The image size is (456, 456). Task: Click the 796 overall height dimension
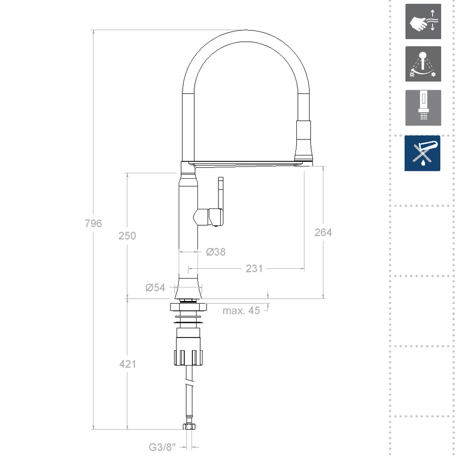pyautogui.click(x=93, y=223)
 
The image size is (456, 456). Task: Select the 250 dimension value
pyautogui.click(x=127, y=236)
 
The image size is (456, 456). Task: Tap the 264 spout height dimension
pyautogui.click(x=323, y=232)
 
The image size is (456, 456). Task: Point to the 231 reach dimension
pyautogui.click(x=254, y=269)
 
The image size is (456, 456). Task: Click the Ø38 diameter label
pyautogui.click(x=215, y=252)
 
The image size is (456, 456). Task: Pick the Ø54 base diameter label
pyautogui.click(x=155, y=287)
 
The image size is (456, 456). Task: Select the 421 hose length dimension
pyautogui.click(x=127, y=364)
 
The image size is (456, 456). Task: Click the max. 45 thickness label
pyautogui.click(x=241, y=311)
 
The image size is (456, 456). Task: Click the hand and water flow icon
pyautogui.click(x=423, y=21)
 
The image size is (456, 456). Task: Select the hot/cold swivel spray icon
pyautogui.click(x=423, y=64)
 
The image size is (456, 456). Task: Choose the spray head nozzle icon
pyautogui.click(x=423, y=108)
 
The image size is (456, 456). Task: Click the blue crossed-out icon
pyautogui.click(x=422, y=153)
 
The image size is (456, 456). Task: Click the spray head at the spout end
pyautogui.click(x=304, y=141)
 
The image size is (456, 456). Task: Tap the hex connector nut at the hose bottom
pyautogui.click(x=188, y=427)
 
